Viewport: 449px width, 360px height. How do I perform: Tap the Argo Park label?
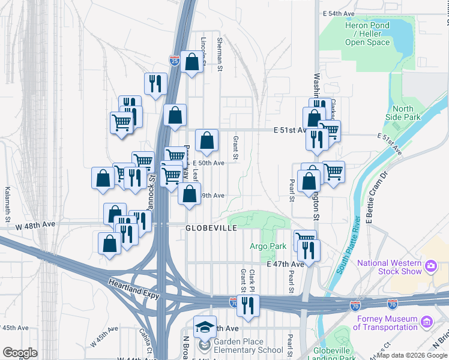[x=268, y=246]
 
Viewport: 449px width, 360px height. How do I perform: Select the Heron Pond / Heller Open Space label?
[x=367, y=34]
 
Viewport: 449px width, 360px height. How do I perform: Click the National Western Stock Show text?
[x=390, y=267]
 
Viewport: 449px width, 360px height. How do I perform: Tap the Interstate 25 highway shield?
[x=174, y=60]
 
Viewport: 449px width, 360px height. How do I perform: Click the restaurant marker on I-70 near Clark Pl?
[x=247, y=305]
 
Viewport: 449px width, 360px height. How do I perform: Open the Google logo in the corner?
[x=20, y=353]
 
